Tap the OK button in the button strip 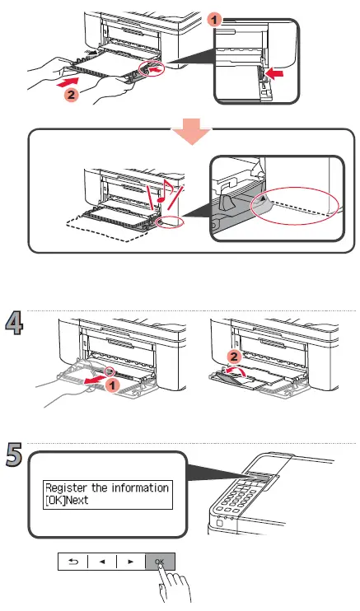[159, 562]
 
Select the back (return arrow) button [72, 562]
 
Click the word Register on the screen [71, 487]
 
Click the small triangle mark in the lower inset [263, 200]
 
